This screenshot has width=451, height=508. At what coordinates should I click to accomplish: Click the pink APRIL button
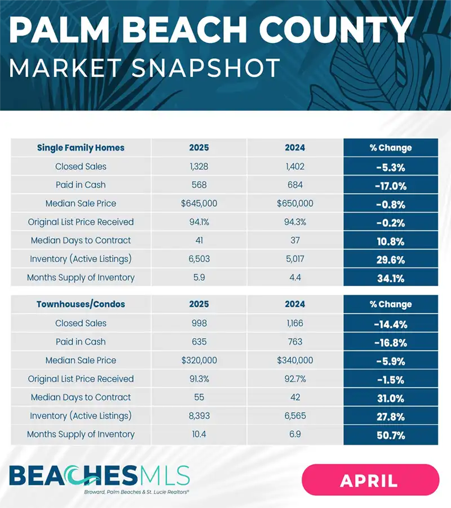pos(370,480)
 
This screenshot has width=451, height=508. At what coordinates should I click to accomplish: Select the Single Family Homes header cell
pos(81,148)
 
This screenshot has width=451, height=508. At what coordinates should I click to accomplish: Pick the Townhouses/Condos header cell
pos(81,304)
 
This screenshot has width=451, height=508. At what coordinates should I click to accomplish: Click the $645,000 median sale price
pos(199,203)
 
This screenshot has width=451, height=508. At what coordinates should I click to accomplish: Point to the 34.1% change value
pos(391,278)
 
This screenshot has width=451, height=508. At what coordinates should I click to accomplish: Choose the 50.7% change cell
pos(391,435)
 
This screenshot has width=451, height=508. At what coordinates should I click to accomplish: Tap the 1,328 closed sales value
pos(199,167)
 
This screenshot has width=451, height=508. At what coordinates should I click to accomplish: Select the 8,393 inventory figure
pos(199,416)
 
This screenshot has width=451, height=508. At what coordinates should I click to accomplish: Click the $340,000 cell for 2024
pos(295,360)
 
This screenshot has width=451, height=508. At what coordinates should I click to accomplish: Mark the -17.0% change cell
pos(391,185)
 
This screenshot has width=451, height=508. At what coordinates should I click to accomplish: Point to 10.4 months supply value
pos(199,435)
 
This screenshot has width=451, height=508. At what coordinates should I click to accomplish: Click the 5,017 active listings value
pos(295,259)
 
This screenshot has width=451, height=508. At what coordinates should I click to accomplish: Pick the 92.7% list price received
pos(295,379)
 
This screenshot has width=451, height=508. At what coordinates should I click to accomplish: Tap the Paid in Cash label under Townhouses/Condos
pos(81,341)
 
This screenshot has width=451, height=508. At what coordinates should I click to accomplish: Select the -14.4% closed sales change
pos(391,323)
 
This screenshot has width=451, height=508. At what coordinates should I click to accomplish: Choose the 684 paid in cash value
pos(295,185)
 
